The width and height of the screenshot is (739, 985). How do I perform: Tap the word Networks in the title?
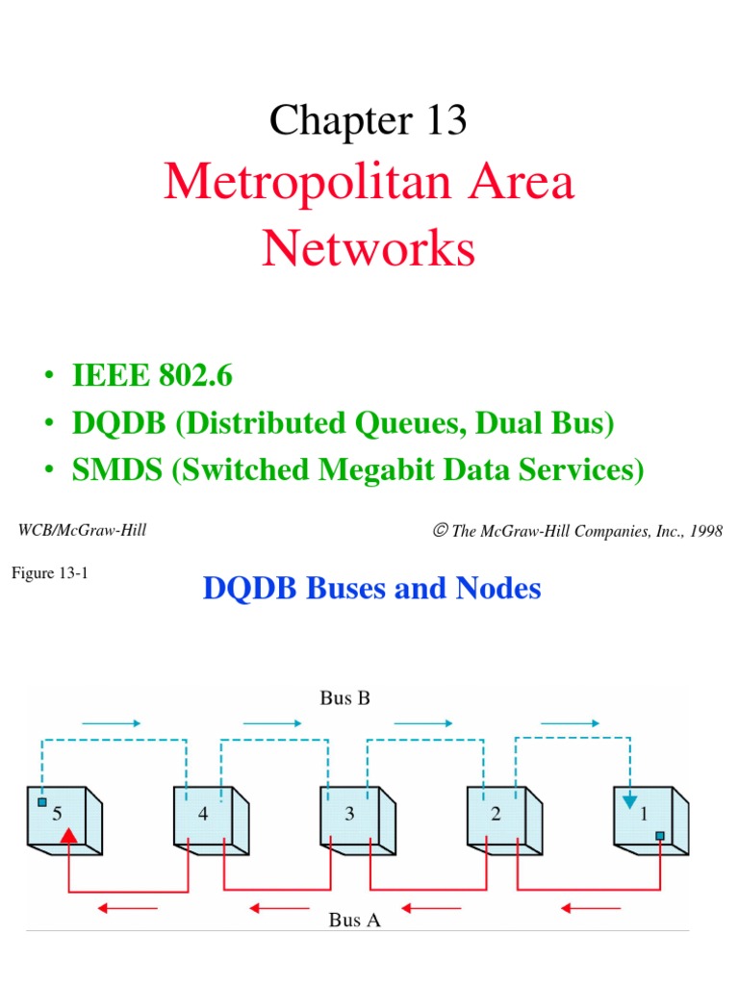pos(369,248)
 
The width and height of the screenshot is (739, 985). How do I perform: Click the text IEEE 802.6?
pos(152,376)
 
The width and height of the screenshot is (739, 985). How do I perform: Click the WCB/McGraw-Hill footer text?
pos(83,530)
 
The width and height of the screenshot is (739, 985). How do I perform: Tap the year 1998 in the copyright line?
pos(702,531)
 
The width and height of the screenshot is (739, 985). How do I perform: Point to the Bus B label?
pos(344,698)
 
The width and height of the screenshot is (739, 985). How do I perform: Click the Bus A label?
pos(354,921)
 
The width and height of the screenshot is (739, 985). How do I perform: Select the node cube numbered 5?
pos(64,817)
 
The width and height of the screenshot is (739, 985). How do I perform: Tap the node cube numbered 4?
pos(209,817)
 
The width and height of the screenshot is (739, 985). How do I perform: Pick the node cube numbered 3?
pos(355,817)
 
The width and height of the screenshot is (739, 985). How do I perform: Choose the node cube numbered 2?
pos(501,817)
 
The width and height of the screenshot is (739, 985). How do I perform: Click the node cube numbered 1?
pos(649,817)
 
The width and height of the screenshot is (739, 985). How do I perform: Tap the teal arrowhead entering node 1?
pos(629,801)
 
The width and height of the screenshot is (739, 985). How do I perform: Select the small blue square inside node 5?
pos(41,801)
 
